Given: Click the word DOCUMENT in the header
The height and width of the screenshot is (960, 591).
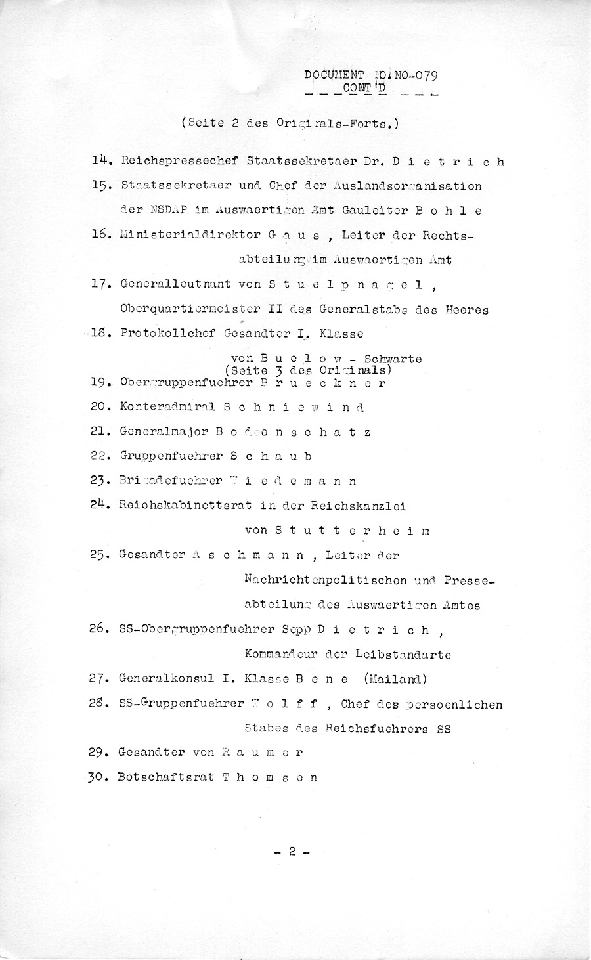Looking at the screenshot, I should [x=334, y=75].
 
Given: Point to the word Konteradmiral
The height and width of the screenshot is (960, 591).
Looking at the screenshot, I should [x=167, y=407].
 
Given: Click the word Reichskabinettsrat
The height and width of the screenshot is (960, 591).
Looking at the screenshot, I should [x=183, y=506].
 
